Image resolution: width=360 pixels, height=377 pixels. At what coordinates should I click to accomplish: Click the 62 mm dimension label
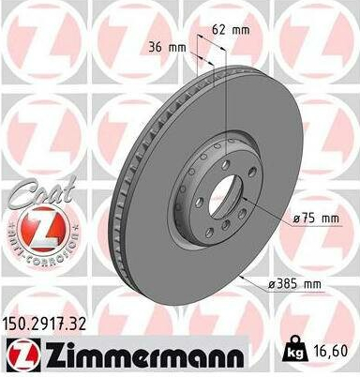231,30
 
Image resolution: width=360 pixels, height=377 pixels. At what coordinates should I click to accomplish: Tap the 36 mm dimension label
167,48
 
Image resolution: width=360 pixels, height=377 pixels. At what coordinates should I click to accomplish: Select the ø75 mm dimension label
316,219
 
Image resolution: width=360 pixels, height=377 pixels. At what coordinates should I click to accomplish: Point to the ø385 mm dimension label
294,284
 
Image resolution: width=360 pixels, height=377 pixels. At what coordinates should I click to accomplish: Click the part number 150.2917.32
44,324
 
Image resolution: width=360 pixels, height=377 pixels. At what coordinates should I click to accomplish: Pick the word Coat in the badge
42,192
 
